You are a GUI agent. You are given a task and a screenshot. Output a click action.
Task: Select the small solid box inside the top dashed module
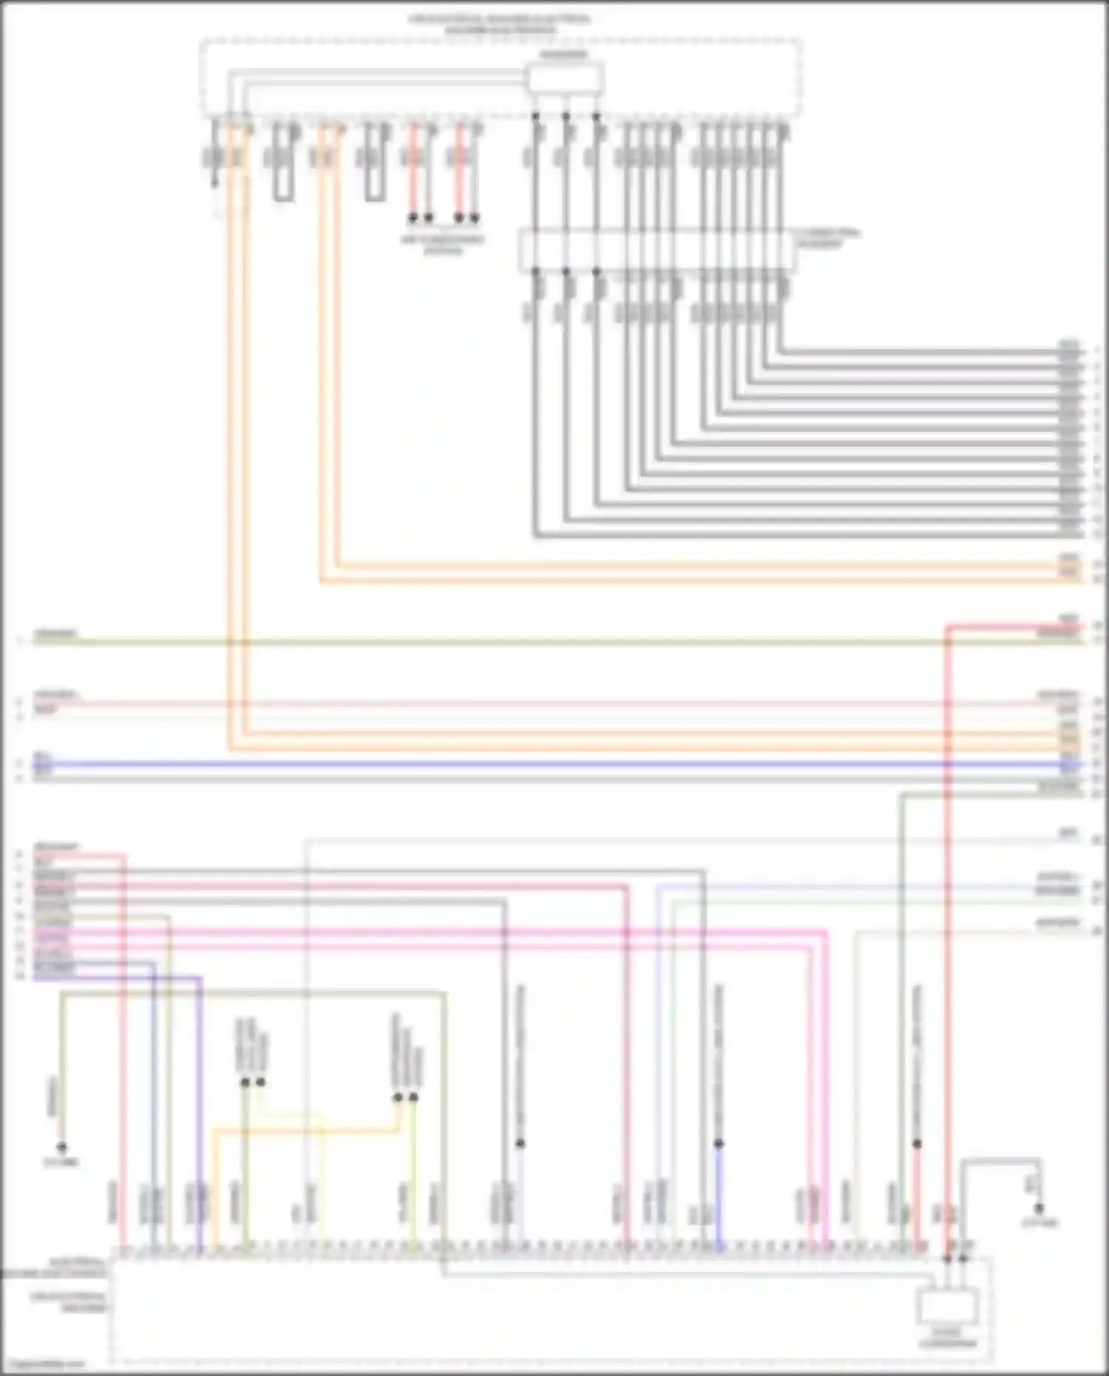pos(564,78)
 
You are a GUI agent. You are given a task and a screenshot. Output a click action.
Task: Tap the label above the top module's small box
pos(563,55)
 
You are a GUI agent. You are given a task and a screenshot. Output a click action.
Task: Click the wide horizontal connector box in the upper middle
pos(656,249)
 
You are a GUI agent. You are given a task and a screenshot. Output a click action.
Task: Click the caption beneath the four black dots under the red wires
pos(443,245)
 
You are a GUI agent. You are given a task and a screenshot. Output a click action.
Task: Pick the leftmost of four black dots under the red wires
pos(413,218)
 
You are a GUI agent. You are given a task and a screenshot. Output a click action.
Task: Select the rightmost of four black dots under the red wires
pos(475,218)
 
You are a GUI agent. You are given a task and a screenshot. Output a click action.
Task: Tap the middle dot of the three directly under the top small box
pos(566,116)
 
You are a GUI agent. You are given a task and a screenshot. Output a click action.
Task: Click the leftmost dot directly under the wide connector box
pos(535,272)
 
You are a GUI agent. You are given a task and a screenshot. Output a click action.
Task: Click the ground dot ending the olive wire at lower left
pos(62,1147)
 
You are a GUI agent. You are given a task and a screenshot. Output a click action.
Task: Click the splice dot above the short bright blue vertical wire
pos(718,1143)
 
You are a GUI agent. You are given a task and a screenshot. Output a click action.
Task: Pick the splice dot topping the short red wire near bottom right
pos(917,1143)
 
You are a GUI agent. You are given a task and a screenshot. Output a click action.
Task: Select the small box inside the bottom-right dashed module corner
pos(948,1306)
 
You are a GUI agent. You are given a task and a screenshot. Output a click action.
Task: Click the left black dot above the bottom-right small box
pos(947,1258)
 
